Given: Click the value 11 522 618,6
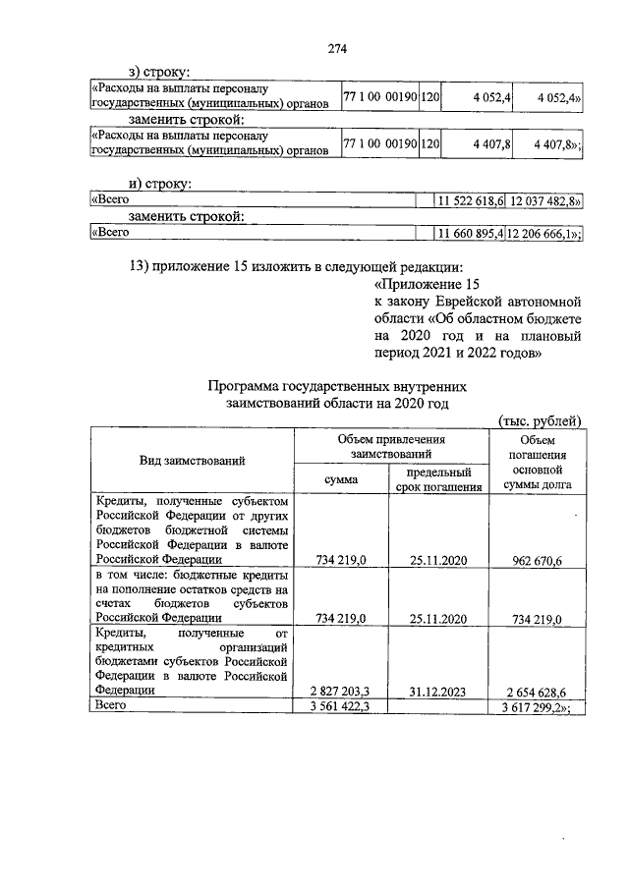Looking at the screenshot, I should point(470,200).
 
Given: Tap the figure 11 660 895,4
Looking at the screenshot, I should point(470,233).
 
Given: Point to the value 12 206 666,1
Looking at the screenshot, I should point(543,233).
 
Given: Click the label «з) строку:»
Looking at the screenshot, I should point(159,72).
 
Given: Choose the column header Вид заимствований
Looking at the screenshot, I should point(193,460).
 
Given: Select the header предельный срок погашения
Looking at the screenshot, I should point(439,478).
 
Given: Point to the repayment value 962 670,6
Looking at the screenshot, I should point(538,560).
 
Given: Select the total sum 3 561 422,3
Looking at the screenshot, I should point(340,705).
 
